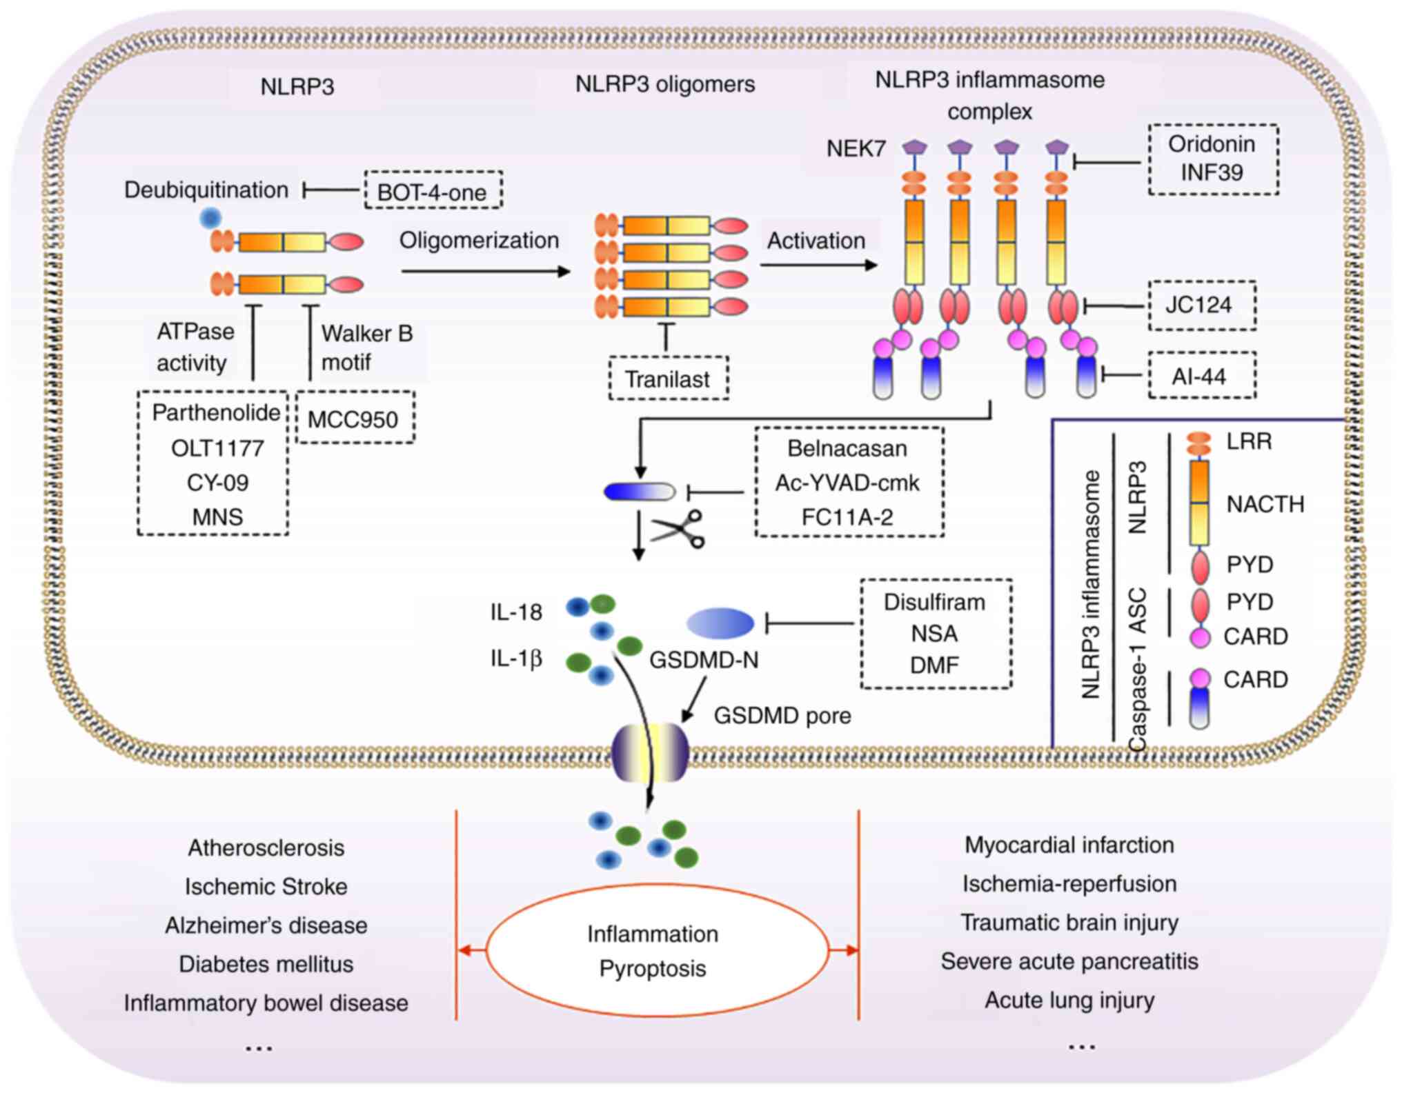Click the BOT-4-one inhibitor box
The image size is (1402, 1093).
433,190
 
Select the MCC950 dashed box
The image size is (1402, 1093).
355,418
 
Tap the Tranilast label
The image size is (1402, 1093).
667,379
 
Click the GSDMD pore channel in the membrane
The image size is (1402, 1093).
650,752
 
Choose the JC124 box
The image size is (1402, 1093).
1201,305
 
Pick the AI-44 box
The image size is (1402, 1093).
1201,377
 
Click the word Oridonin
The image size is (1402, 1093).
1212,144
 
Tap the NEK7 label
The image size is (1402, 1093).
856,148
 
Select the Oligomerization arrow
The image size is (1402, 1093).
486,272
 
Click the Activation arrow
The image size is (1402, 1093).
818,265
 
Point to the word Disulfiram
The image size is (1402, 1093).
934,602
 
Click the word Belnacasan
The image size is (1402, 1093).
847,448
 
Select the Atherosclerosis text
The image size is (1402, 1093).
266,848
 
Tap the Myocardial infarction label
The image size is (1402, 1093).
1069,845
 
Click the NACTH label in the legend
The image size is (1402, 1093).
1265,504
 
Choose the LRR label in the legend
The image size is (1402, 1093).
1249,441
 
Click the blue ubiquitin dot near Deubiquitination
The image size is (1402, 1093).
210,219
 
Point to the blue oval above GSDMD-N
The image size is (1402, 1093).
720,623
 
